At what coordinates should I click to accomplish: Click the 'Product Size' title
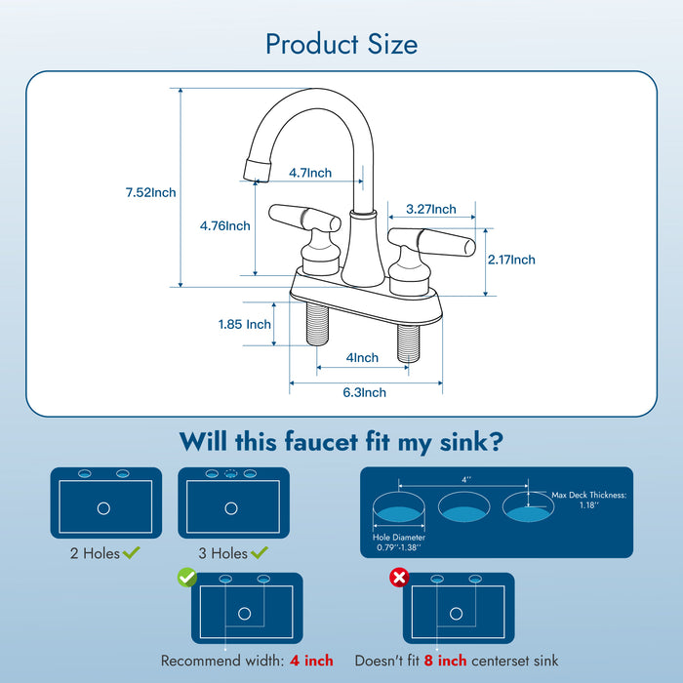[x=341, y=44]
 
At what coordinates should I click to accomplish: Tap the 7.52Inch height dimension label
[x=150, y=192]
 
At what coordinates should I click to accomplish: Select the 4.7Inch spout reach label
[x=309, y=173]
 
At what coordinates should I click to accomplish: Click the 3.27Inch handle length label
[x=430, y=209]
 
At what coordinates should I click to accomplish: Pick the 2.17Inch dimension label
[x=510, y=260]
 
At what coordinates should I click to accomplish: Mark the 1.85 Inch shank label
[x=244, y=324]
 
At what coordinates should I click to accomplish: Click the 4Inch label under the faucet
[x=362, y=358]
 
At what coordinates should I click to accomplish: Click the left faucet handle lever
[x=290, y=215]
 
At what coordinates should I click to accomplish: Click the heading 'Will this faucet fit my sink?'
[x=341, y=442]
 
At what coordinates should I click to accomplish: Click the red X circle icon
[x=398, y=579]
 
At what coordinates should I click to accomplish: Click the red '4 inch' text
[x=311, y=661]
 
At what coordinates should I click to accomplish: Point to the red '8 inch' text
[x=444, y=661]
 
